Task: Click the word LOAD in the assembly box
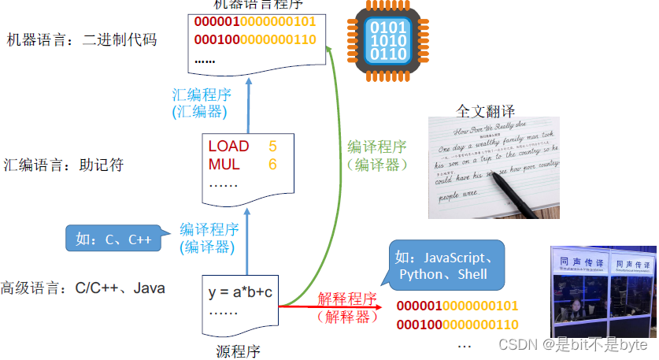(228, 147)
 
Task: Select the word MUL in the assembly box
(224, 165)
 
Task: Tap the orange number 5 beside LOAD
(272, 147)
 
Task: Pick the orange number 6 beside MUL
(272, 165)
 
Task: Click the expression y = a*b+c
(240, 292)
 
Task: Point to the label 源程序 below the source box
(238, 351)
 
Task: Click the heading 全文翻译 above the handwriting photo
(485, 110)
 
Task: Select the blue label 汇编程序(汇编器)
(201, 103)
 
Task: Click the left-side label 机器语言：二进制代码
(81, 39)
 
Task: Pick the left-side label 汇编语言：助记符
(64, 165)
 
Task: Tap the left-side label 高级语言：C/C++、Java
(83, 288)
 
